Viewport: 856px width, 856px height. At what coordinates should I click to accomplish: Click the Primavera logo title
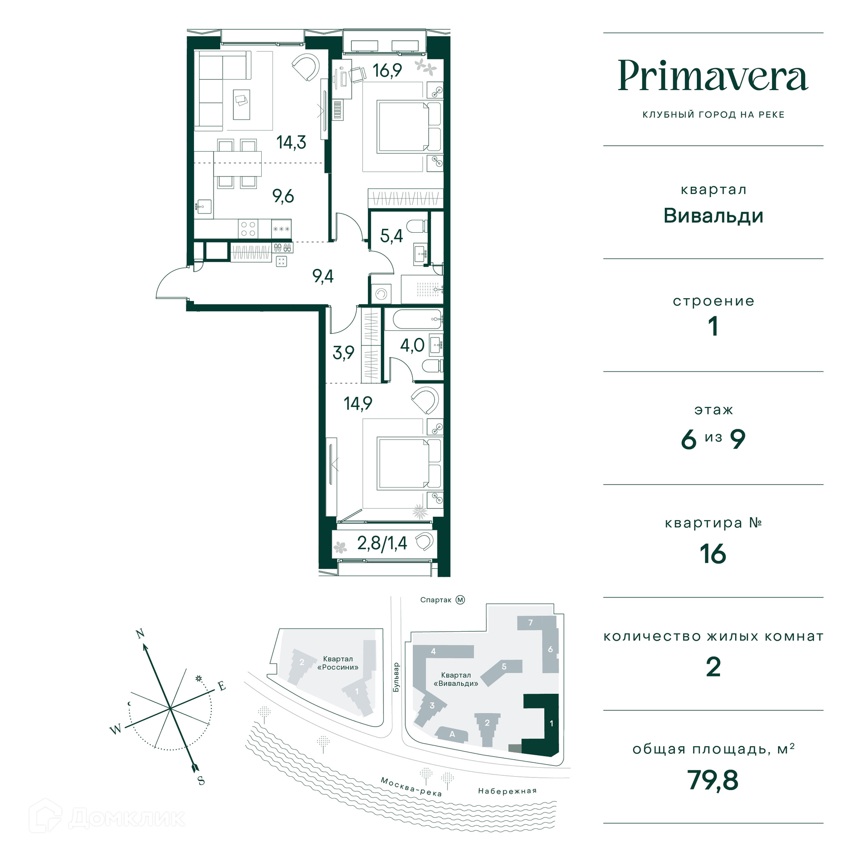pyautogui.click(x=713, y=76)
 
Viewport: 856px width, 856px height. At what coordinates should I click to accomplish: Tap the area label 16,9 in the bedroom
pyautogui.click(x=387, y=70)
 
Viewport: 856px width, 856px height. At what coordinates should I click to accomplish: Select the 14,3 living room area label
pyautogui.click(x=291, y=142)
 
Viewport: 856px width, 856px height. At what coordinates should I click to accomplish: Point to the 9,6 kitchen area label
pyautogui.click(x=283, y=196)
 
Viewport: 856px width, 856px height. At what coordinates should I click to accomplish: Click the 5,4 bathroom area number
pyautogui.click(x=391, y=235)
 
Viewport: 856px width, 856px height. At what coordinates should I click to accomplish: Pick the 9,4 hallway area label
pyautogui.click(x=323, y=276)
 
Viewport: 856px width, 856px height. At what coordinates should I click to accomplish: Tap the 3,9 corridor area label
pyautogui.click(x=343, y=353)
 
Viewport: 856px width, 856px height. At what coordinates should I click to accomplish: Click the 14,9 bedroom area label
pyautogui.click(x=358, y=403)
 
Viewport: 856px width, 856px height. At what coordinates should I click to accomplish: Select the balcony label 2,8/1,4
pyautogui.click(x=382, y=543)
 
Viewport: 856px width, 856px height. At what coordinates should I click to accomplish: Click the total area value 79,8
pyautogui.click(x=713, y=780)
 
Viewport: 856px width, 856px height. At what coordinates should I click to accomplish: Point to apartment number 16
pyautogui.click(x=713, y=554)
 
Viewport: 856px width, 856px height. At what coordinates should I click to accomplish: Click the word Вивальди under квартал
pyautogui.click(x=713, y=216)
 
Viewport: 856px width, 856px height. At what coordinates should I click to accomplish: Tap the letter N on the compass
pyautogui.click(x=140, y=634)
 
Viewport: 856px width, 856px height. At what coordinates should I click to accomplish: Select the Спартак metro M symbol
pyautogui.click(x=460, y=600)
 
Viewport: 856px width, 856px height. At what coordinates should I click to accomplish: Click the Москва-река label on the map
pyautogui.click(x=411, y=786)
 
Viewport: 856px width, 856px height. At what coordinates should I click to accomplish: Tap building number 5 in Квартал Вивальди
pyautogui.click(x=504, y=667)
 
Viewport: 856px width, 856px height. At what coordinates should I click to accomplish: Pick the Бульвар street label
pyautogui.click(x=396, y=677)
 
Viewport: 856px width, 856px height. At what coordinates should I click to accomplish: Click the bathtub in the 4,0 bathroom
pyautogui.click(x=413, y=319)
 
